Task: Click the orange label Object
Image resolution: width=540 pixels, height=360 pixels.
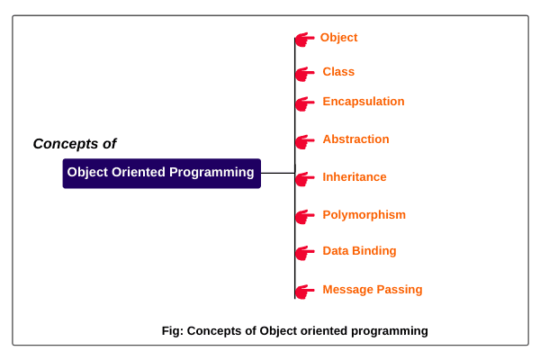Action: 338,38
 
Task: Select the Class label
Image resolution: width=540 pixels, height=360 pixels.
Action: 338,72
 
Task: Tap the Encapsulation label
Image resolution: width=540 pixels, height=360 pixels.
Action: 364,102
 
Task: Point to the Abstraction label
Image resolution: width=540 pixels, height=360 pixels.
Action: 355,139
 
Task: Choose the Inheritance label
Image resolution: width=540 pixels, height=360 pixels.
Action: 355,177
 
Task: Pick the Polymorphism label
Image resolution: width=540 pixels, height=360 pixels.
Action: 364,215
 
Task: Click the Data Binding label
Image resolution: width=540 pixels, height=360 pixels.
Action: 359,251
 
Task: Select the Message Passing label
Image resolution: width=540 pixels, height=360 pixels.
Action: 372,290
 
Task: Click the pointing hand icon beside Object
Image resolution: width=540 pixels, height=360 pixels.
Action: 305,39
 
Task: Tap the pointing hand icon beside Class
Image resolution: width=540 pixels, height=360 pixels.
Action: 305,73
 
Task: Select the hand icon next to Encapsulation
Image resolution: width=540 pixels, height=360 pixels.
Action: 305,103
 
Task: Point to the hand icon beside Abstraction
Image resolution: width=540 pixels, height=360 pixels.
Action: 305,140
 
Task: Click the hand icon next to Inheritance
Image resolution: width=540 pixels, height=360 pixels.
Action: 305,178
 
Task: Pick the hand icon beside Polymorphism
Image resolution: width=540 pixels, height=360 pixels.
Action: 305,216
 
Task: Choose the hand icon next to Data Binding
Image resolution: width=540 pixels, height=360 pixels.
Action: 305,252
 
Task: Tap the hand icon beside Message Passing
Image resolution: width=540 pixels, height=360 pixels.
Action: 305,291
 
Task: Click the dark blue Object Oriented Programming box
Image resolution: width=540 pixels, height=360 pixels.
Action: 161,173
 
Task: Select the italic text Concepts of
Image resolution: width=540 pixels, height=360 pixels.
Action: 75,144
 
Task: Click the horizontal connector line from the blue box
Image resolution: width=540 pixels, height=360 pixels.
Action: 277,173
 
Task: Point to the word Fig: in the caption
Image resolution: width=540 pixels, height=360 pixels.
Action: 172,331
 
